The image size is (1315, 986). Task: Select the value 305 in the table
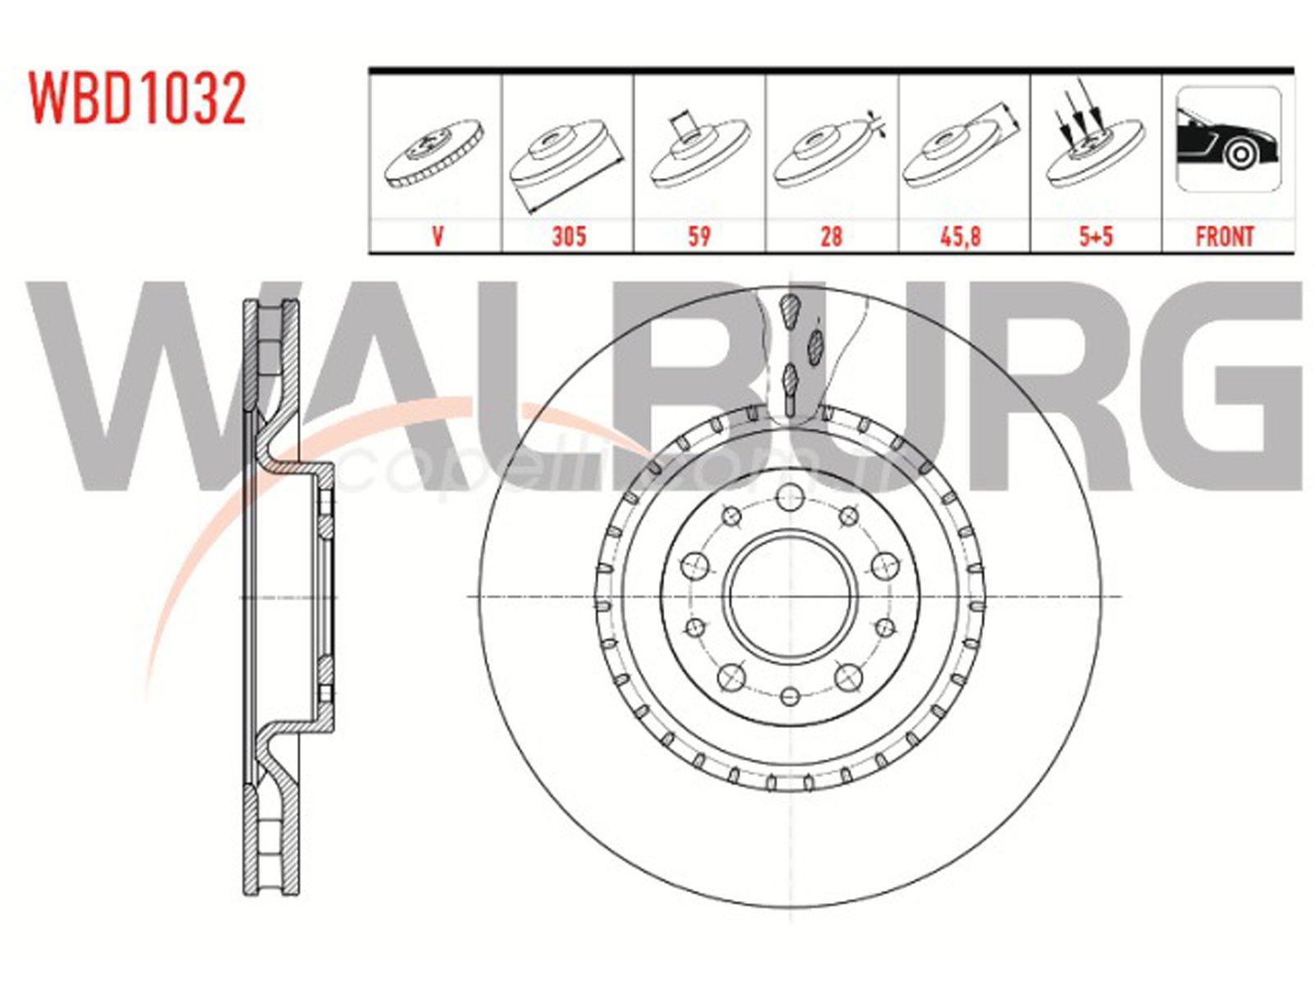click(568, 237)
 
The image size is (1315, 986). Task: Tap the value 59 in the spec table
click(699, 237)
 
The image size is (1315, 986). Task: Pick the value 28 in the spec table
click(831, 237)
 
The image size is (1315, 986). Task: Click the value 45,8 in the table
click(960, 237)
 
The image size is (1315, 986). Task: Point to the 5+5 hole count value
click(1096, 237)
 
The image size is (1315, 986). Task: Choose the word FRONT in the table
click(1225, 237)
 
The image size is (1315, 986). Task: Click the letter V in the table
click(437, 237)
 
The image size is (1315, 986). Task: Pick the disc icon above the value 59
click(699, 152)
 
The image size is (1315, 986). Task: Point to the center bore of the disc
click(790, 597)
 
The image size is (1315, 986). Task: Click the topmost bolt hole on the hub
click(790, 496)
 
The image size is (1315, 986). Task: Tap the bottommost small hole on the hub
click(790, 697)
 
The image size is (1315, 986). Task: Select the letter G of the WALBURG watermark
click(1233, 386)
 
